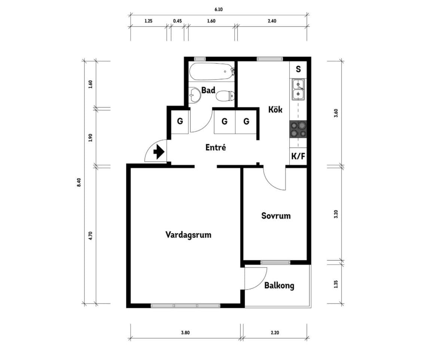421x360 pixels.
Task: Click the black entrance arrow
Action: (159, 152)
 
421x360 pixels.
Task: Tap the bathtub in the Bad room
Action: (211, 72)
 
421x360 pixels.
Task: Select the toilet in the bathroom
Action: (225, 96)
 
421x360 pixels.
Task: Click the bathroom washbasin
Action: (195, 95)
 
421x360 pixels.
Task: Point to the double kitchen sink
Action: (298, 90)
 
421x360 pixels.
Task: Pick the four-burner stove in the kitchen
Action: (298, 129)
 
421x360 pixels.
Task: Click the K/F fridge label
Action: (298, 156)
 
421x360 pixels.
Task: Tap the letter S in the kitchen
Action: (298, 69)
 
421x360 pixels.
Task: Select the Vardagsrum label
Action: (188, 235)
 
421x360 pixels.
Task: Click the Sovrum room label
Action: (276, 216)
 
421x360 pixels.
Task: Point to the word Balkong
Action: (279, 286)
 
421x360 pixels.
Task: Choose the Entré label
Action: (216, 147)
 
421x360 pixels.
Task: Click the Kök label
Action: (275, 110)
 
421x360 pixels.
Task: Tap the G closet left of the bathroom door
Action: (180, 121)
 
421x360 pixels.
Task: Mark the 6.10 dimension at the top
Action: (219, 9)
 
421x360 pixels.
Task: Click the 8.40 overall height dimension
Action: (79, 183)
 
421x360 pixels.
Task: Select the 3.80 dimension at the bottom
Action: (185, 333)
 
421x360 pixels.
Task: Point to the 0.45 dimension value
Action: (177, 21)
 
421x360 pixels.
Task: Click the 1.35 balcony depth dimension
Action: (336, 284)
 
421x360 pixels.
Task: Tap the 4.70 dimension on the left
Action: (91, 236)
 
